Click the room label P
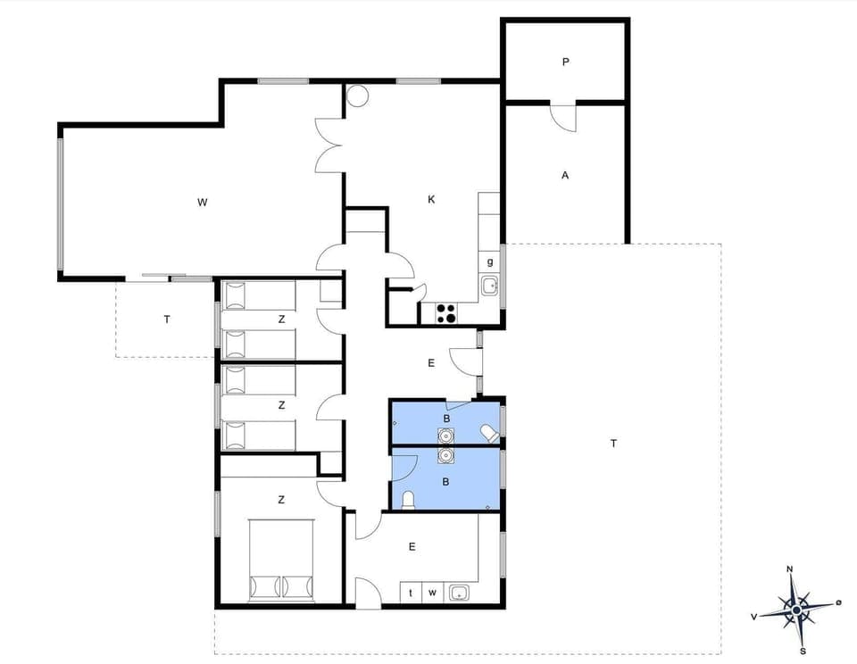[x=565, y=62]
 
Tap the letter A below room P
[x=565, y=176]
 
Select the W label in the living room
[x=202, y=203]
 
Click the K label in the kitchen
[x=431, y=200]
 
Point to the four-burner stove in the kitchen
[x=445, y=313]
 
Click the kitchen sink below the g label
[x=489, y=286]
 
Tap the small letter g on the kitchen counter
[x=490, y=261]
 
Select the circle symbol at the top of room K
[x=357, y=95]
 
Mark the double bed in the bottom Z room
[x=281, y=561]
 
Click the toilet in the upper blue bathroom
[x=489, y=433]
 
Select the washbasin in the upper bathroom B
[x=445, y=435]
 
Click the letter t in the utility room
[x=411, y=592]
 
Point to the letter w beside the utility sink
[x=432, y=592]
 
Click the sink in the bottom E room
[x=460, y=592]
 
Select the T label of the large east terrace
[x=613, y=444]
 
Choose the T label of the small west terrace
[x=166, y=320]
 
